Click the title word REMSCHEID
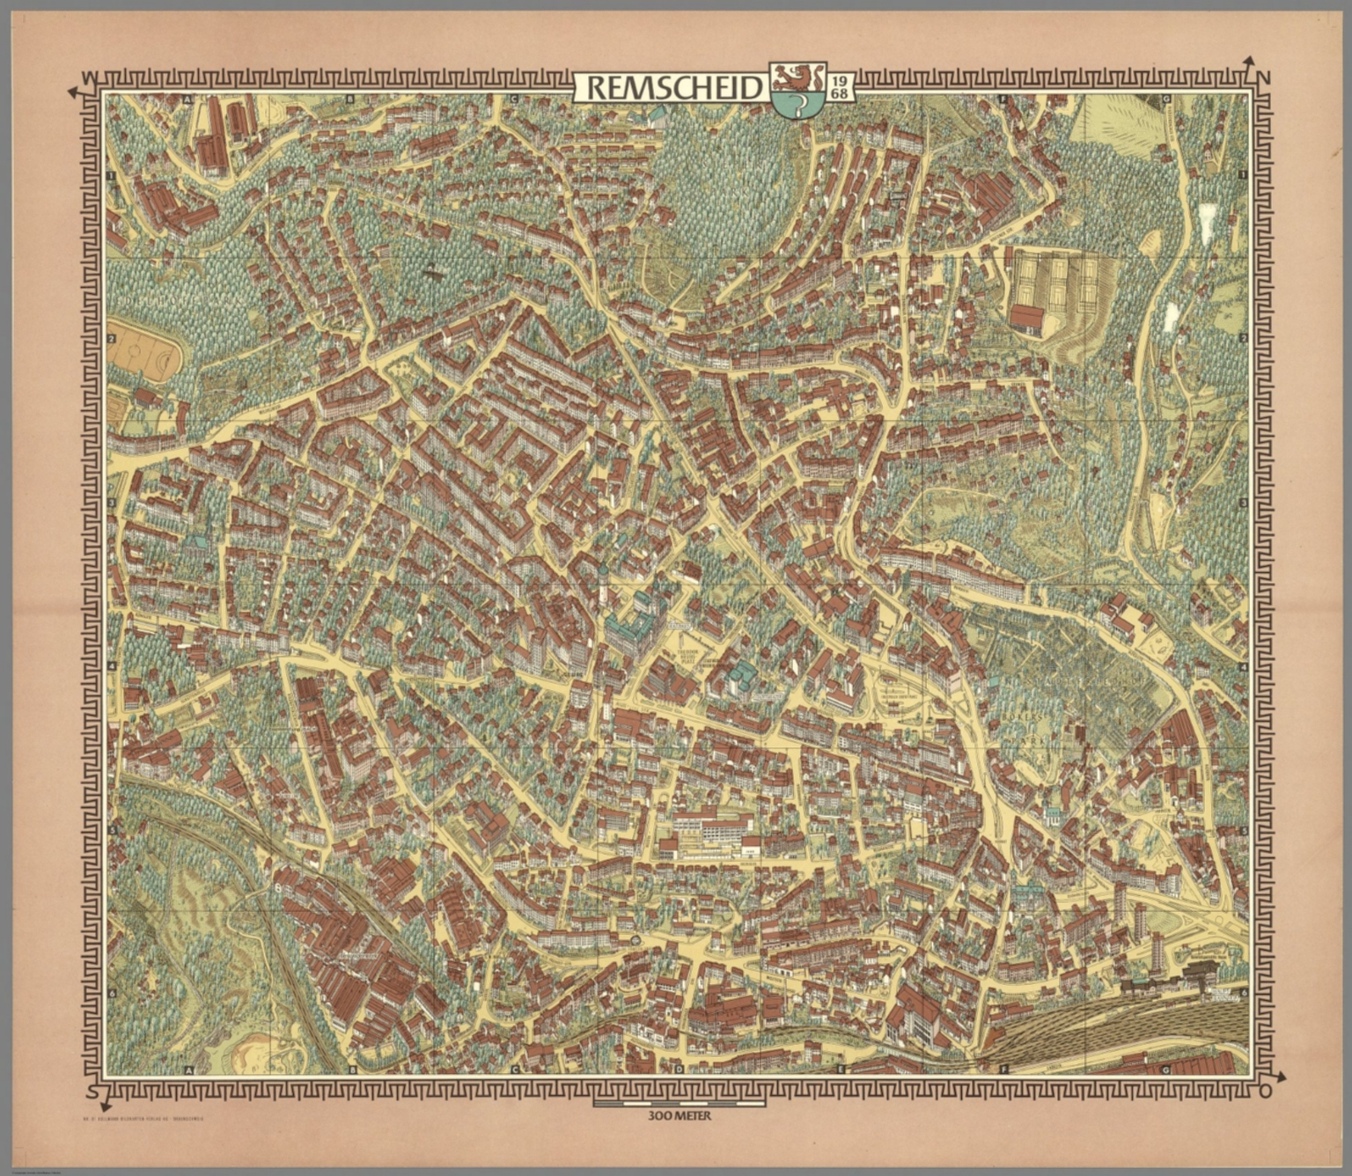pyautogui.click(x=672, y=88)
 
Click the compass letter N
pyautogui.click(x=1265, y=77)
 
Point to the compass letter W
pyautogui.click(x=86, y=78)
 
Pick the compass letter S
pyautogui.click(x=92, y=1091)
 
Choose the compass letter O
pyautogui.click(x=1265, y=1092)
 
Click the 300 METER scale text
pyautogui.click(x=677, y=1116)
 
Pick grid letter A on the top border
pyautogui.click(x=187, y=99)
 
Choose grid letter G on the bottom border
pyautogui.click(x=1165, y=1070)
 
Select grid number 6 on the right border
pyautogui.click(x=1244, y=992)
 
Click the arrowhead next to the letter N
pyautogui.click(x=1247, y=62)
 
